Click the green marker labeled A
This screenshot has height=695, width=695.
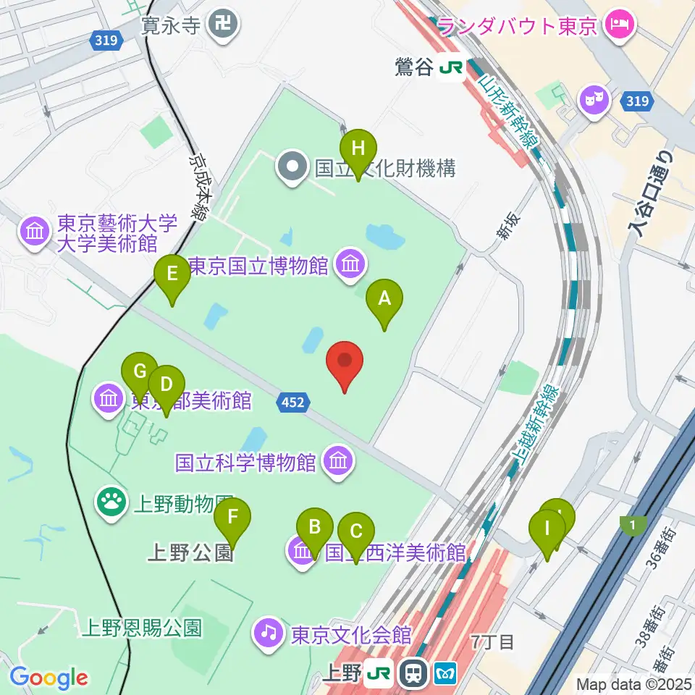[x=384, y=298]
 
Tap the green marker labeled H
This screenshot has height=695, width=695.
[x=358, y=148]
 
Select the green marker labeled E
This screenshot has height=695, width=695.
[x=172, y=274]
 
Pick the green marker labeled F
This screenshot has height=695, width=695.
[x=232, y=518]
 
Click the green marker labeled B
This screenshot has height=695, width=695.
[x=314, y=527]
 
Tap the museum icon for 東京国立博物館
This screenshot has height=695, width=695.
[x=350, y=265]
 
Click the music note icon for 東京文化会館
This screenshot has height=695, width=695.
[x=269, y=633]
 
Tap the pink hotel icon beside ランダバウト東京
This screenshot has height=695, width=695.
[x=620, y=25]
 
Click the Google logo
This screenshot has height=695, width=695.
[x=49, y=677]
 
